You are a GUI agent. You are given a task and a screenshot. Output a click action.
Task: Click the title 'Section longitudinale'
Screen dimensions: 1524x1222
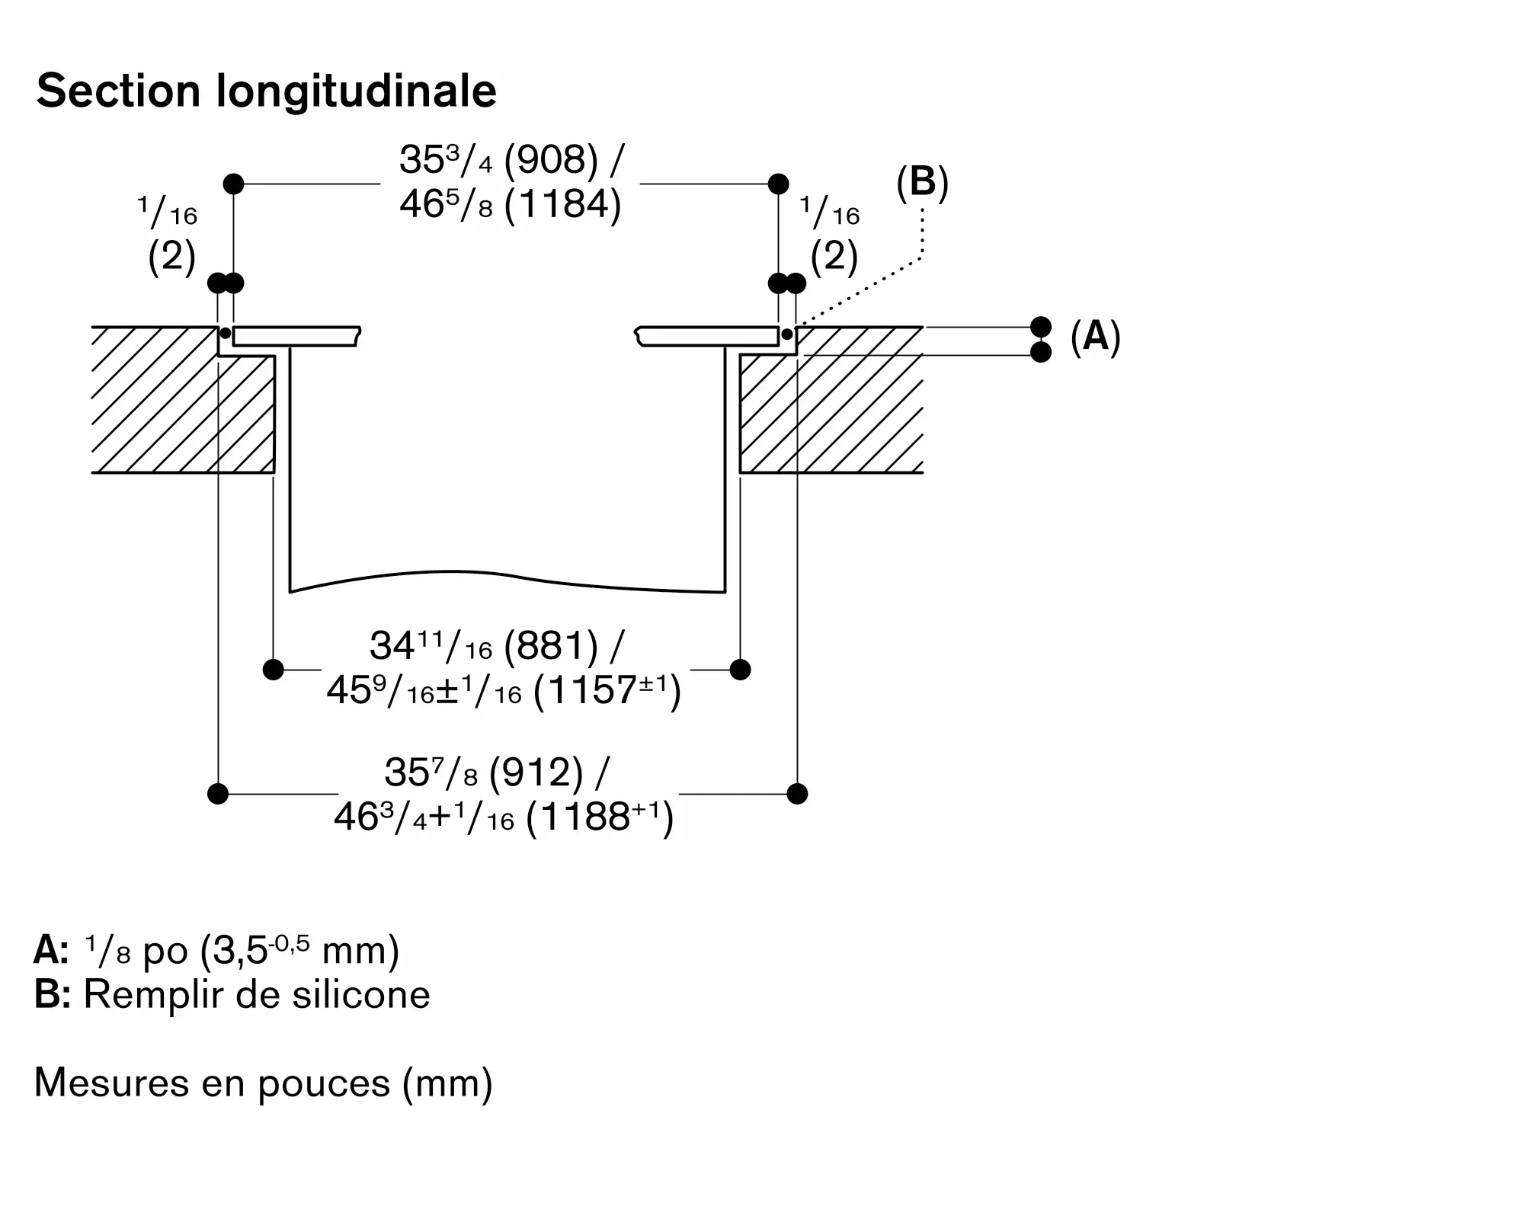click(x=267, y=91)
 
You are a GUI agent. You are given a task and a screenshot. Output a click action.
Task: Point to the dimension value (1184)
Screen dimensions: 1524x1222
click(x=563, y=204)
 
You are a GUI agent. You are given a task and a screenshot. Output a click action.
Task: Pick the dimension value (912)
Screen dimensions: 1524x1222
click(x=536, y=773)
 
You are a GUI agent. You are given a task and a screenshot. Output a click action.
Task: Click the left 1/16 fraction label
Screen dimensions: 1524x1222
click(x=168, y=211)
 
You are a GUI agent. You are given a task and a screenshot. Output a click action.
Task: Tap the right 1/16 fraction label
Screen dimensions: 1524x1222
click(x=830, y=211)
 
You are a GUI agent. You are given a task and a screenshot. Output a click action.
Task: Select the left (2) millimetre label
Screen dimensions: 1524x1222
click(x=172, y=257)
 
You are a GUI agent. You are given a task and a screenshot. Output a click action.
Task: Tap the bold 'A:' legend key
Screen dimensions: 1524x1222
click(x=52, y=950)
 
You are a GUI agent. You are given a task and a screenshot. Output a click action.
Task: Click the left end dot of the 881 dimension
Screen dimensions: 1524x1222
click(x=273, y=670)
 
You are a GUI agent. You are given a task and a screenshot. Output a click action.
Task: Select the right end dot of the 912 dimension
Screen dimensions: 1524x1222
click(x=797, y=794)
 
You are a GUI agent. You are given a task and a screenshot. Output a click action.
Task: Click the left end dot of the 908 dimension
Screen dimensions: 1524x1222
click(x=233, y=184)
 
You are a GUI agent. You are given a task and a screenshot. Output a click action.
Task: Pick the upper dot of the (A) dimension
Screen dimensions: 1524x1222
click(x=1041, y=327)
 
